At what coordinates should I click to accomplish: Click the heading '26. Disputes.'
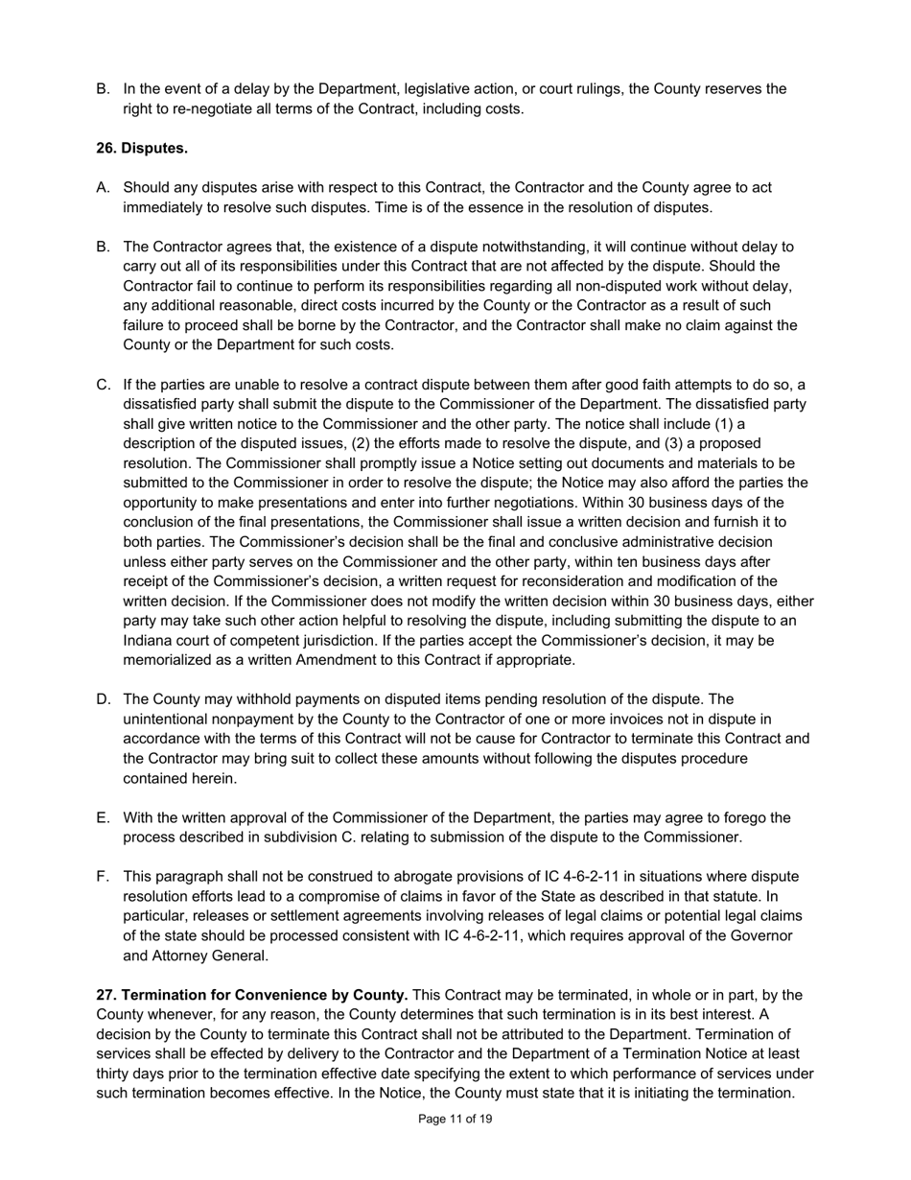pyautogui.click(x=142, y=148)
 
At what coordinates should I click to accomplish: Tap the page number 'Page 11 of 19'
pyautogui.click(x=455, y=1119)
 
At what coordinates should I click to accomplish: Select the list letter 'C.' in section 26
pyautogui.click(x=104, y=385)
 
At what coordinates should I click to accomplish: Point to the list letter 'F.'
pyautogui.click(x=104, y=877)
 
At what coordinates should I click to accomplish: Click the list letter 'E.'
pyautogui.click(x=104, y=817)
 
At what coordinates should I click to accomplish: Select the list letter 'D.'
pyautogui.click(x=104, y=699)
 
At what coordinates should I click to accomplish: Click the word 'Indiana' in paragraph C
pyautogui.click(x=149, y=641)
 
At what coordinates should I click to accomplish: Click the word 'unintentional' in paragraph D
pyautogui.click(x=169, y=720)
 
